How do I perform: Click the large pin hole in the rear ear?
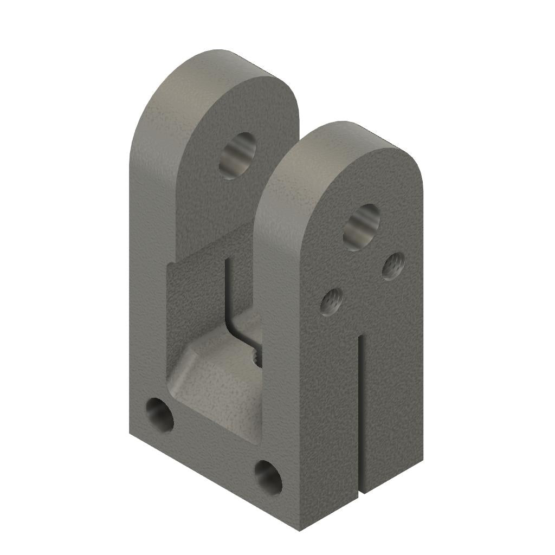[237, 156]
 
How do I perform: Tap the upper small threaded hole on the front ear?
[393, 266]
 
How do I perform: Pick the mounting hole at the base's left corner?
[160, 416]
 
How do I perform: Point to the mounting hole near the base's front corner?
[268, 477]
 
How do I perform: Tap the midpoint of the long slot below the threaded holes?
[360, 415]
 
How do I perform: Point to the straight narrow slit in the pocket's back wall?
[227, 287]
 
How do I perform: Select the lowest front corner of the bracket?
[300, 530]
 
